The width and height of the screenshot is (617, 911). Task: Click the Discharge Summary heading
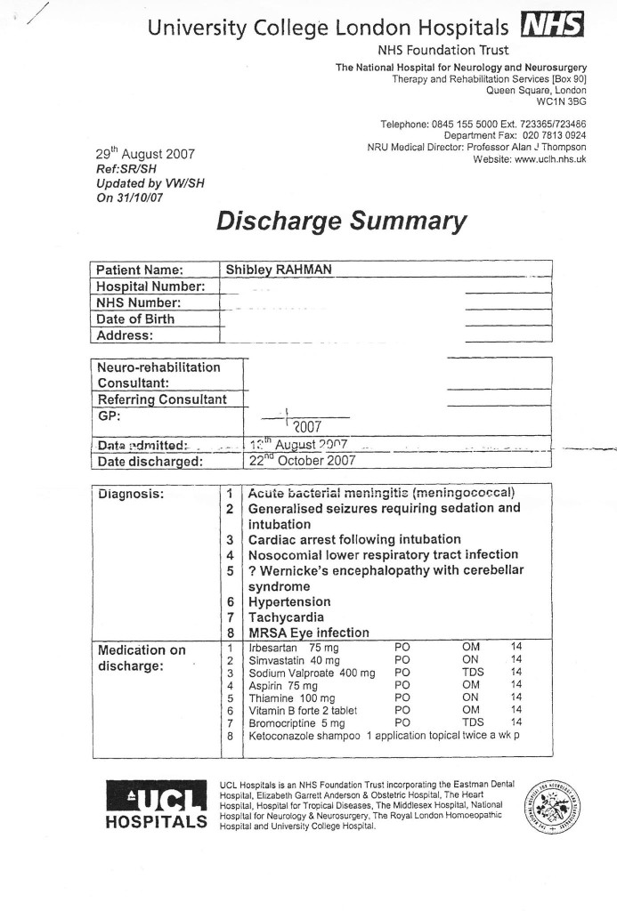pyautogui.click(x=341, y=221)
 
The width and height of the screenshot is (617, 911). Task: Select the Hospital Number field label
pyautogui.click(x=150, y=286)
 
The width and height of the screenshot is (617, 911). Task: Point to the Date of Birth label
pyautogui.click(x=135, y=318)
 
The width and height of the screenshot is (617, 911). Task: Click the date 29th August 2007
pyautogui.click(x=145, y=154)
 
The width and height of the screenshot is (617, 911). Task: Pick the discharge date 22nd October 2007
pyautogui.click(x=302, y=461)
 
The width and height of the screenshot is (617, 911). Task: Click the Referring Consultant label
pyautogui.click(x=161, y=399)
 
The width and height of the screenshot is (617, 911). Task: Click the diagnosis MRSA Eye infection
pyautogui.click(x=308, y=633)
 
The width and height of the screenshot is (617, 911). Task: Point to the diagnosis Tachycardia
pyautogui.click(x=287, y=617)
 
